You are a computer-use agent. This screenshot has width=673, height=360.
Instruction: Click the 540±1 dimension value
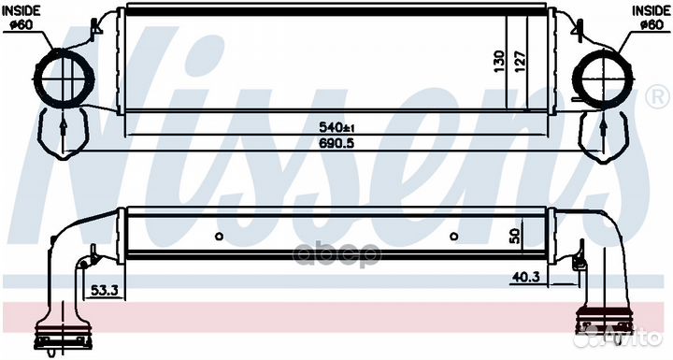coord(336,127)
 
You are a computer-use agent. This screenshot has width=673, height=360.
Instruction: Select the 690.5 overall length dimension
coord(336,143)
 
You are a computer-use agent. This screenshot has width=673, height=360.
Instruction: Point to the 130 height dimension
coord(499,62)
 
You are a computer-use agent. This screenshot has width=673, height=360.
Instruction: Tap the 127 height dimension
coord(520,62)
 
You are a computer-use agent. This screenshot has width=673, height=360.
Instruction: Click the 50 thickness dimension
coord(515,236)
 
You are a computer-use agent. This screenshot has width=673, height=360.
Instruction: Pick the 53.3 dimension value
coord(105,291)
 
